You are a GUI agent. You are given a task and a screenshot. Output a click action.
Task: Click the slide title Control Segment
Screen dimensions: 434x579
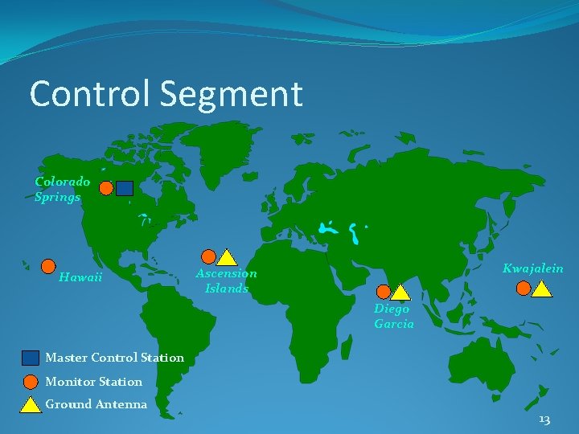pyautogui.click(x=166, y=94)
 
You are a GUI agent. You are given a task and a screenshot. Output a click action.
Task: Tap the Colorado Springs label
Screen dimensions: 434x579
pyautogui.click(x=62, y=190)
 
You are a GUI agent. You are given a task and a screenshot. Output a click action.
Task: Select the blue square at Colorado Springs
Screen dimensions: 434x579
pyautogui.click(x=125, y=188)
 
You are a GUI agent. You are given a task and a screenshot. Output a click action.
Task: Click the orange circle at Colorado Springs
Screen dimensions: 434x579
pyautogui.click(x=106, y=188)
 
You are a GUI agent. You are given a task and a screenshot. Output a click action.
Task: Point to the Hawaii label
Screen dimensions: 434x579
pyautogui.click(x=80, y=277)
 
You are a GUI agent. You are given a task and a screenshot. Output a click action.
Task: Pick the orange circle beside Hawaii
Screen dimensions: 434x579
pyautogui.click(x=48, y=266)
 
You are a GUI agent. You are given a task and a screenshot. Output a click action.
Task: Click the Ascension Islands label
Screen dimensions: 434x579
pyautogui.click(x=226, y=280)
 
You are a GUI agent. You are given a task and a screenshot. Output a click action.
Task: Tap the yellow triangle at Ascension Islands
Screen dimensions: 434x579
pyautogui.click(x=228, y=257)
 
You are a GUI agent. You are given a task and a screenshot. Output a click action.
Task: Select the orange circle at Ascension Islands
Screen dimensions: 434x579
pyautogui.click(x=208, y=256)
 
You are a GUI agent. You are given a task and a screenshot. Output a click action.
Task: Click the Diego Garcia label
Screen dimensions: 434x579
pyautogui.click(x=394, y=316)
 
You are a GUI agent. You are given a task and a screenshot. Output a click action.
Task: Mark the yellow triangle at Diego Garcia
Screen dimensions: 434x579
pyautogui.click(x=401, y=293)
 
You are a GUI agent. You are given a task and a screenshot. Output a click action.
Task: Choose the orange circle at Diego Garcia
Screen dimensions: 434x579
pyautogui.click(x=384, y=291)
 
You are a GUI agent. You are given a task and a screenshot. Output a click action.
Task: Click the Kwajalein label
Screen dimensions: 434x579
pyautogui.click(x=533, y=268)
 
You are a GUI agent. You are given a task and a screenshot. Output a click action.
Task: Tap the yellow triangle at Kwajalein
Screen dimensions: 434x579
pyautogui.click(x=542, y=289)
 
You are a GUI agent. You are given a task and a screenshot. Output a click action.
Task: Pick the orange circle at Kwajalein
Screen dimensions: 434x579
pyautogui.click(x=524, y=288)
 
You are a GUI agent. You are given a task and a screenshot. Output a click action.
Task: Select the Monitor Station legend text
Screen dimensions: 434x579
pyautogui.click(x=93, y=382)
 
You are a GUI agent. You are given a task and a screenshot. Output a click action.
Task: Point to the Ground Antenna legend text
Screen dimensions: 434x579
pyautogui.click(x=96, y=404)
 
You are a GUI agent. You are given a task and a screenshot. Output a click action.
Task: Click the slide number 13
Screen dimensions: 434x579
pyautogui.click(x=544, y=420)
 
